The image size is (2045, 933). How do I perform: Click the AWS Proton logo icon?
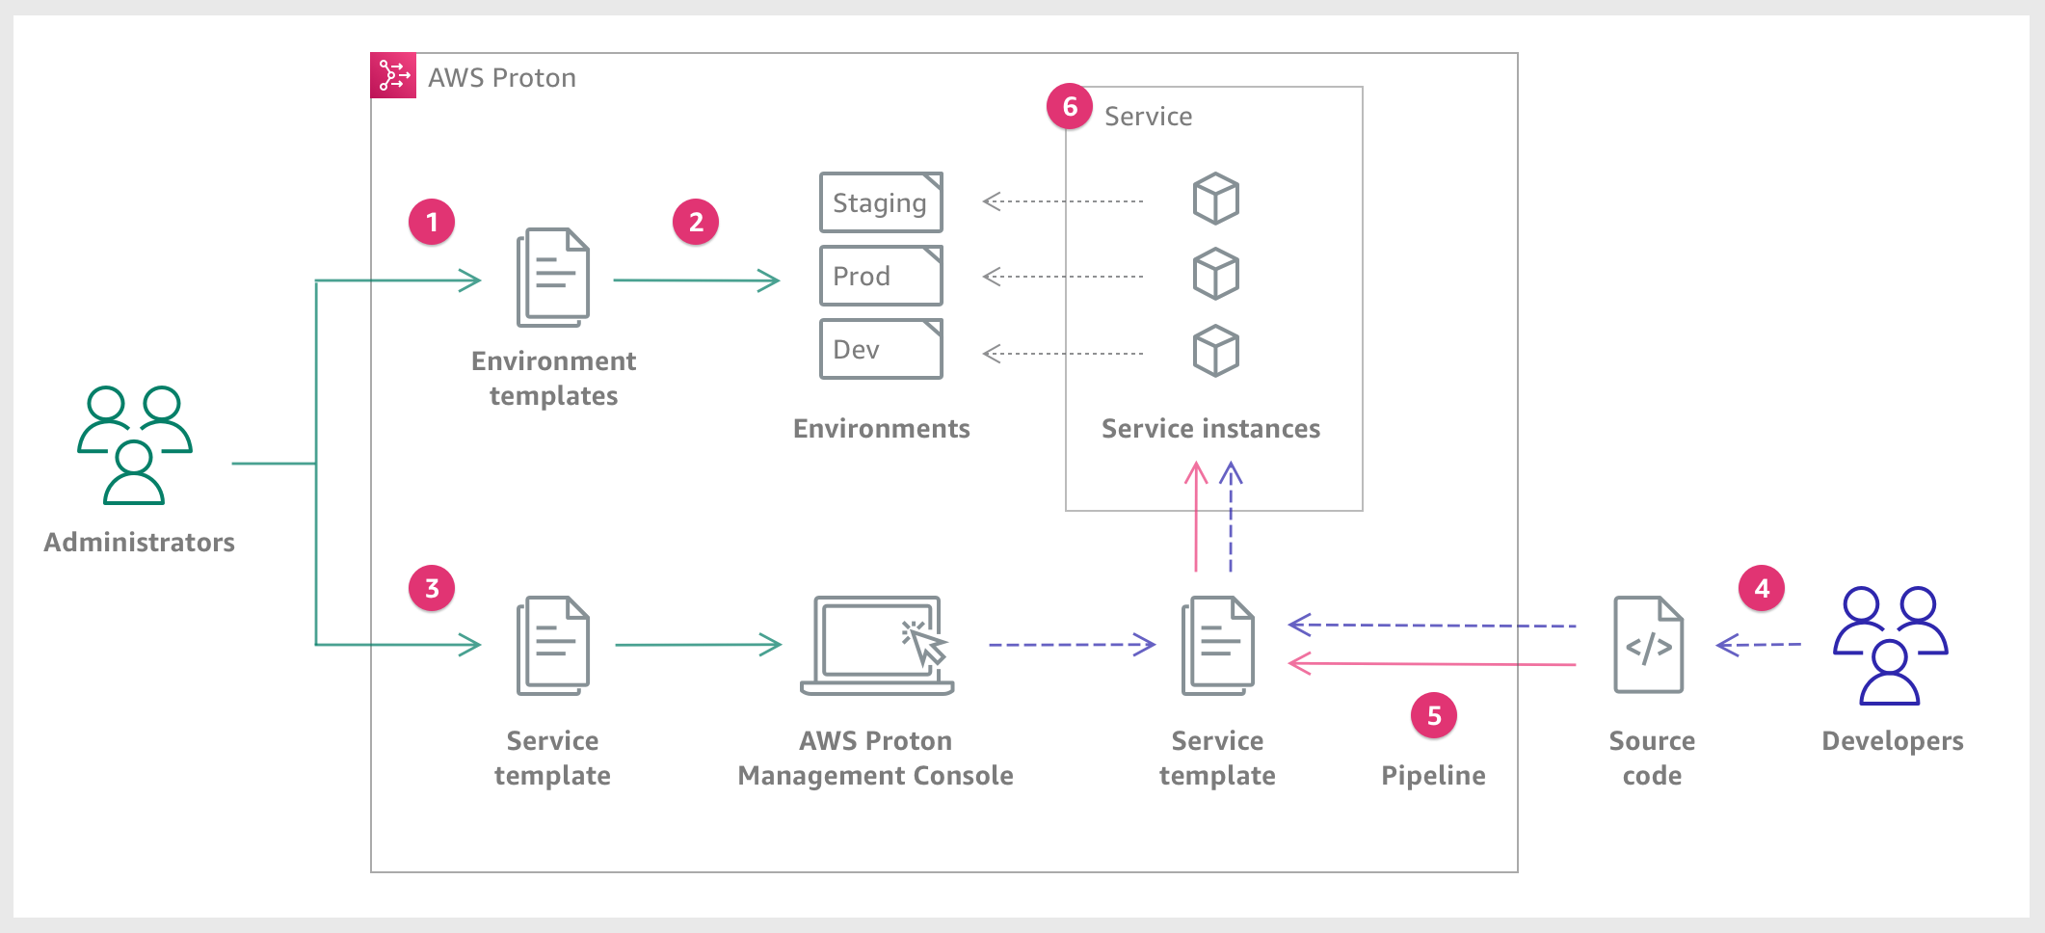click(x=393, y=75)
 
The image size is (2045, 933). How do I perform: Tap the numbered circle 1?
click(x=432, y=223)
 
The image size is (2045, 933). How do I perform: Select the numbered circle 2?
click(x=696, y=223)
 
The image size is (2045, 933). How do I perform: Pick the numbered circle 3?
click(x=432, y=589)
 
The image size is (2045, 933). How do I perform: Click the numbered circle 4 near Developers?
click(x=1762, y=589)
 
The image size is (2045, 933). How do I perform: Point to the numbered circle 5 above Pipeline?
click(x=1434, y=716)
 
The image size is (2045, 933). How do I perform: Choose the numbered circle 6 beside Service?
click(x=1070, y=107)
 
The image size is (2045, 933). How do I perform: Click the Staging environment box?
click(x=881, y=202)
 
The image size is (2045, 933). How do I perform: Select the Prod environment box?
click(x=881, y=276)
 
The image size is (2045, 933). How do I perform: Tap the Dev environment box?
click(x=881, y=349)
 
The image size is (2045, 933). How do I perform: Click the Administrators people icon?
click(x=135, y=445)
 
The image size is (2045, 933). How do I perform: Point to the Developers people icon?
click(x=1890, y=645)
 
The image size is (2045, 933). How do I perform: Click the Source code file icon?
click(x=1649, y=645)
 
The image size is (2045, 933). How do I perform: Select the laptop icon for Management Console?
click(x=877, y=645)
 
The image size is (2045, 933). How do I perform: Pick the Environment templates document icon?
click(x=553, y=278)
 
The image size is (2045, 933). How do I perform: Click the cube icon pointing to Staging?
click(x=1216, y=199)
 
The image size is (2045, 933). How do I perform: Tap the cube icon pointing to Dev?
click(x=1216, y=351)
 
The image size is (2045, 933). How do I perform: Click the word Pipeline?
click(x=1433, y=776)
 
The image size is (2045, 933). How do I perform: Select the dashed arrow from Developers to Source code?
click(x=1759, y=644)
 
